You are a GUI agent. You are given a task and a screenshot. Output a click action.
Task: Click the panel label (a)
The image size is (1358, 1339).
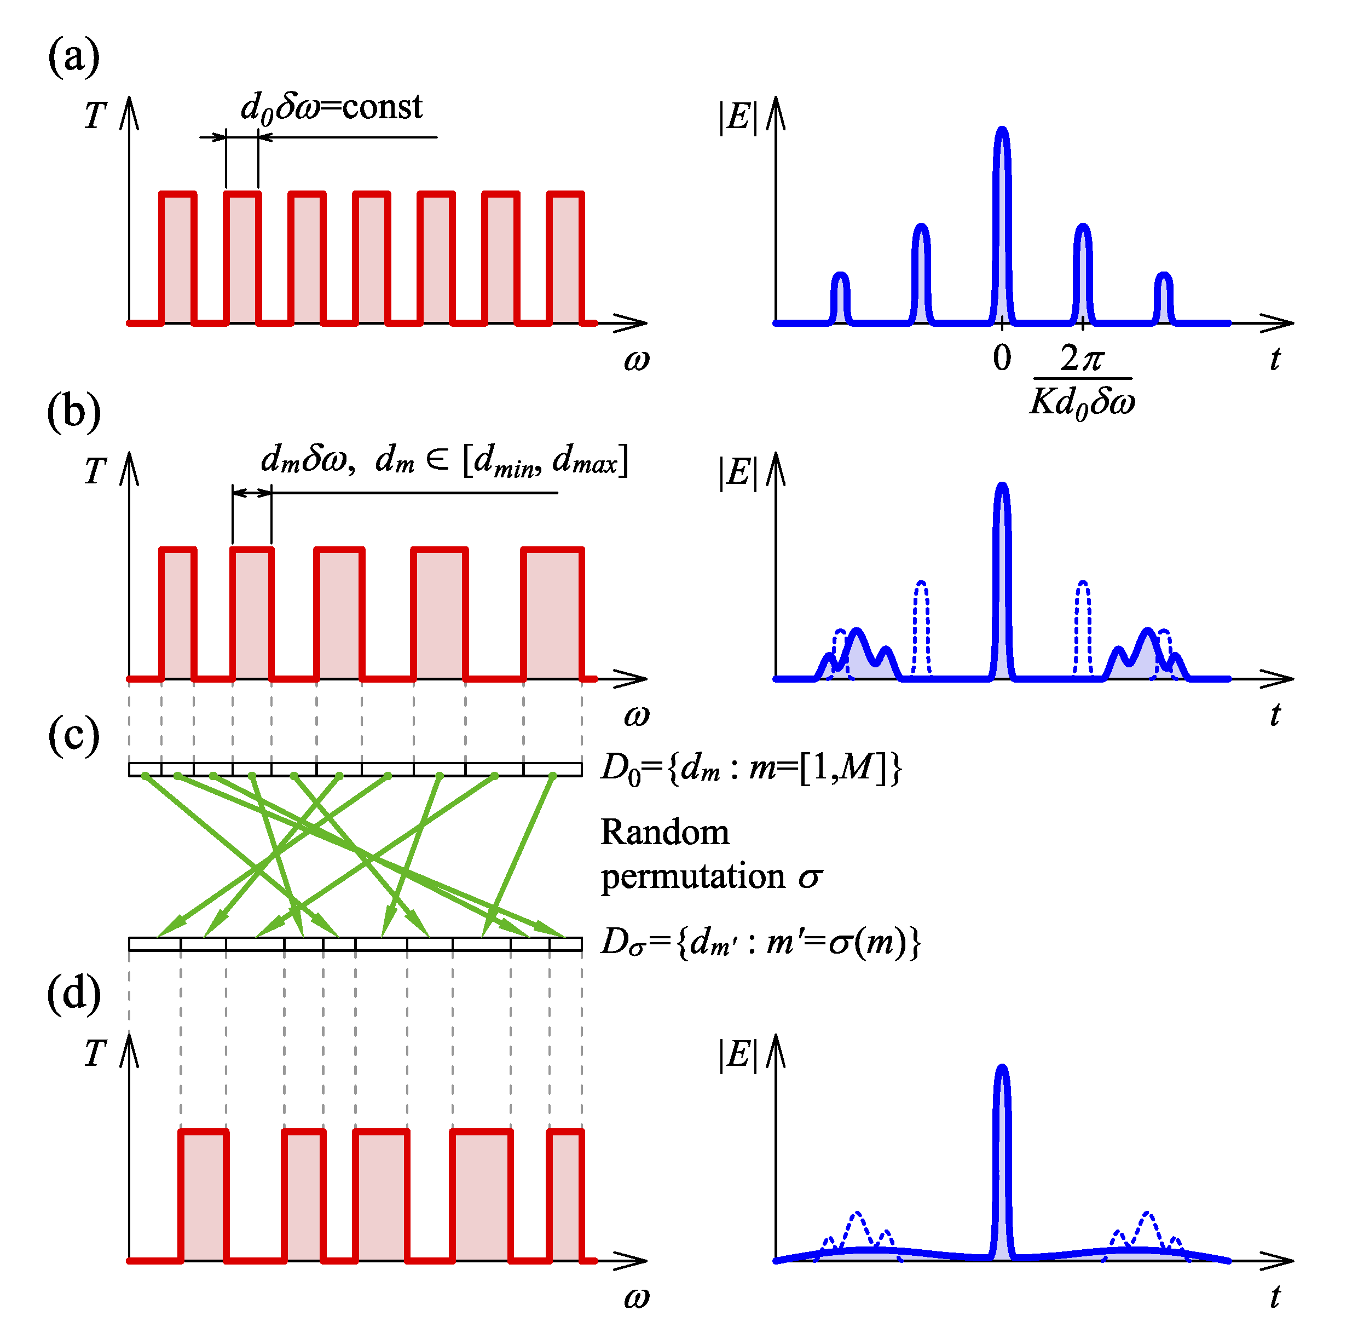coord(74,56)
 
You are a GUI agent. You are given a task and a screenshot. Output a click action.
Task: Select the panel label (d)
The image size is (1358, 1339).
coord(74,995)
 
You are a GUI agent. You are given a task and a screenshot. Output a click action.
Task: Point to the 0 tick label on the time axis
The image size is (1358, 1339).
coord(1002,358)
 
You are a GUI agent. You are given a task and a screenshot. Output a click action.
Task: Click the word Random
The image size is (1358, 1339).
coord(665,833)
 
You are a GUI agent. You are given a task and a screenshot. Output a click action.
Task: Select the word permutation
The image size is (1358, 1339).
coord(692,876)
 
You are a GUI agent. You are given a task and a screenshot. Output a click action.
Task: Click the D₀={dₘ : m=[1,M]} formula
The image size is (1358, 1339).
coord(750,767)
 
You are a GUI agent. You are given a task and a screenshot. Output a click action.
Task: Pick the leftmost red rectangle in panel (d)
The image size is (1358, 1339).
coord(204,1195)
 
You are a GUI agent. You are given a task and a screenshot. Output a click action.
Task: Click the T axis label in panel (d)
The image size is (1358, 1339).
coord(95,1054)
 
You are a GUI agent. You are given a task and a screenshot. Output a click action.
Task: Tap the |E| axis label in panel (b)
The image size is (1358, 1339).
coord(738,472)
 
